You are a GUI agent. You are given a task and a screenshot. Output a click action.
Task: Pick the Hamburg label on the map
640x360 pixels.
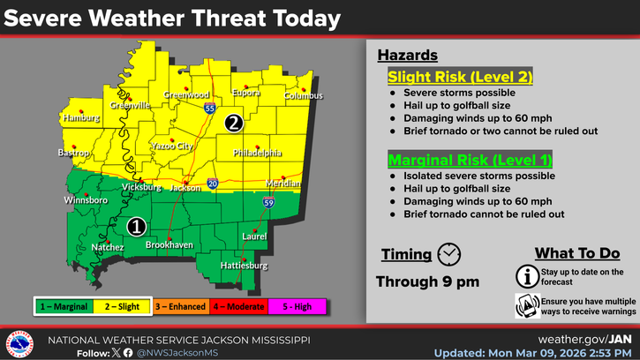79,116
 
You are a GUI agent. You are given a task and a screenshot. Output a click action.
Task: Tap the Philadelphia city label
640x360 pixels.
257,153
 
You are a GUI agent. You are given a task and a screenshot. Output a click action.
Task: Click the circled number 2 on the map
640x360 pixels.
234,124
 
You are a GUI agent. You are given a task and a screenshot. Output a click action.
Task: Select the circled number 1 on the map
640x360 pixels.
136,226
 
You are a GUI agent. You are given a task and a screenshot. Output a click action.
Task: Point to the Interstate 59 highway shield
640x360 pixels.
267,204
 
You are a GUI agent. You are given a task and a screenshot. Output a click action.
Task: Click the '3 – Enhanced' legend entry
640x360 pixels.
179,307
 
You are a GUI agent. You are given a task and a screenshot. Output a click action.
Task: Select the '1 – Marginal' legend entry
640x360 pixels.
63,307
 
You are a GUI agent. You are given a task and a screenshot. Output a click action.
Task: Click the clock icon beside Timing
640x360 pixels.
449,253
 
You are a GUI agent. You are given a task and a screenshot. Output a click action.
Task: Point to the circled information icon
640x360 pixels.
528,276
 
